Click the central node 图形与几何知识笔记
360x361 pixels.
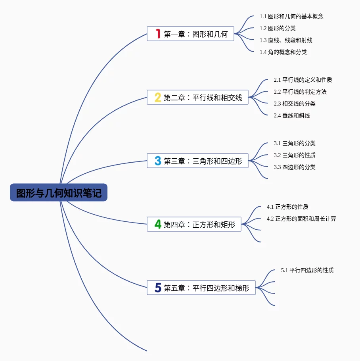point(59,192)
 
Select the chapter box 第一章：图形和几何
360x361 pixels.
point(190,34)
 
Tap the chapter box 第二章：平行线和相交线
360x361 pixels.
point(197,97)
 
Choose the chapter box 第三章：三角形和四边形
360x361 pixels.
point(197,161)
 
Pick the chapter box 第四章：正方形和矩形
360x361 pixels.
point(194,224)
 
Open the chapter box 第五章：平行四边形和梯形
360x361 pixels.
point(201,288)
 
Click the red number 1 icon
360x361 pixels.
point(158,34)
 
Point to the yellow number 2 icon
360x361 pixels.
point(158,97)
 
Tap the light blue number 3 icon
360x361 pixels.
point(158,161)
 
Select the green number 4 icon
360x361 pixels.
point(158,224)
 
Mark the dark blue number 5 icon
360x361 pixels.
point(158,288)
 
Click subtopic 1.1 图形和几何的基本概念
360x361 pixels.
point(291,16)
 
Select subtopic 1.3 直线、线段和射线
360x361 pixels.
point(286,40)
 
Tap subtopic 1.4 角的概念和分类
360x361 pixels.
point(283,52)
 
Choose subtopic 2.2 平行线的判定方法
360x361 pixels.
point(300,92)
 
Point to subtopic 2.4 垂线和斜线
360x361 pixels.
point(292,115)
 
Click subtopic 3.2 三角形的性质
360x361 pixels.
point(295,155)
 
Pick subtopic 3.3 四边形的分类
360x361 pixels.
point(295,167)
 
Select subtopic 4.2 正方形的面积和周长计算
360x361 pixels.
point(301,219)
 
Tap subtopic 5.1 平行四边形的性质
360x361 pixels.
point(307,270)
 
